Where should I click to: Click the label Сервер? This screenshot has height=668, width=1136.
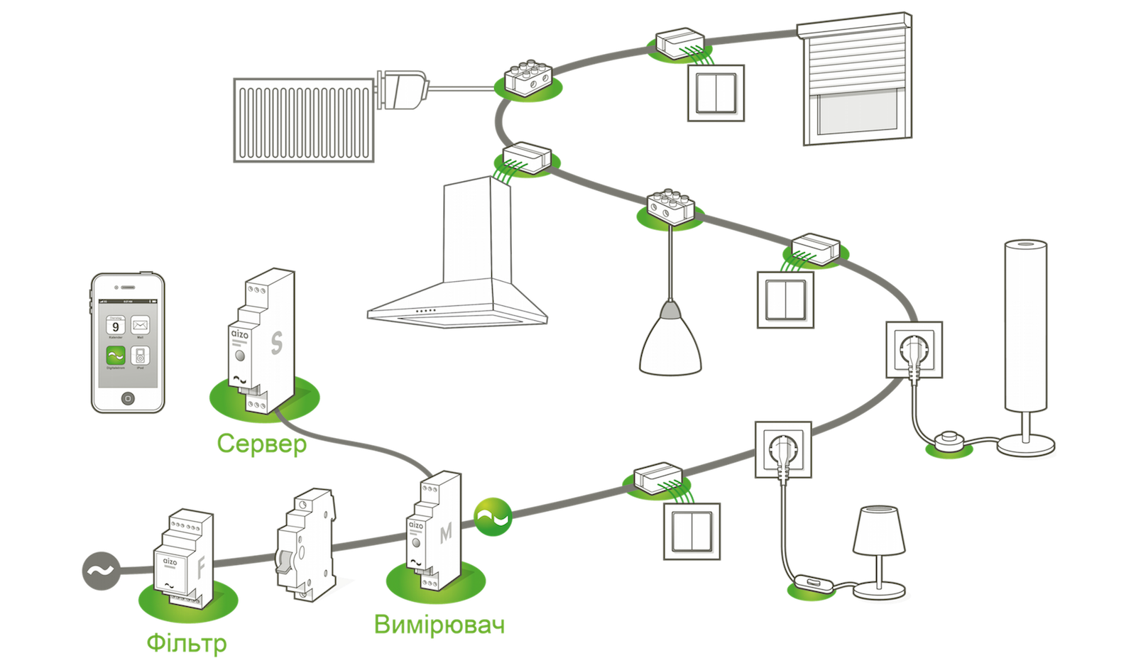click(x=261, y=445)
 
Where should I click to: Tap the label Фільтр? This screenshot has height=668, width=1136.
click(x=187, y=643)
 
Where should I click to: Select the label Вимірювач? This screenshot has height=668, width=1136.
click(x=439, y=625)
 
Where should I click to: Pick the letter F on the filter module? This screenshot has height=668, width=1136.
click(x=201, y=569)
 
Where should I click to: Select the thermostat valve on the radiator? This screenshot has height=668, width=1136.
click(x=405, y=89)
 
